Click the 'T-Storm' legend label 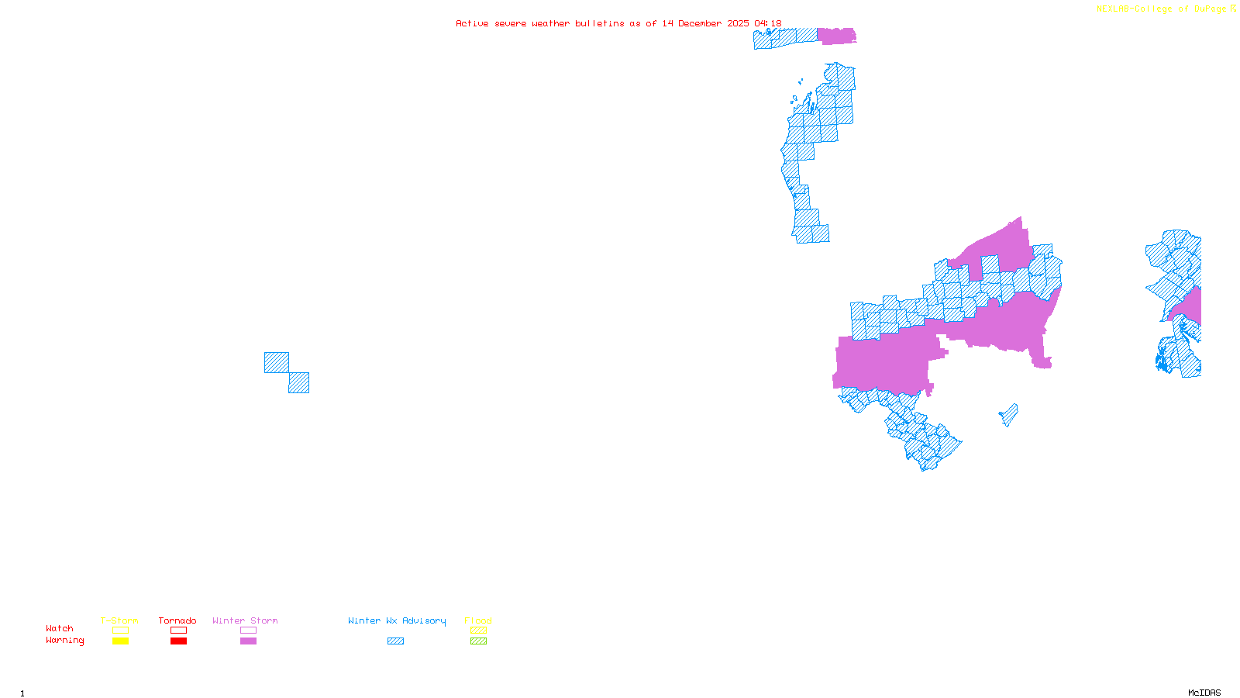119,620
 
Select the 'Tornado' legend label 177,620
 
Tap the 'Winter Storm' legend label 245,620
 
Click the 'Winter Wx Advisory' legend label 397,620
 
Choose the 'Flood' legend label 478,620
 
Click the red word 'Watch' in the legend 60,628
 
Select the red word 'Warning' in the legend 64,641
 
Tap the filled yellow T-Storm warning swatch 120,641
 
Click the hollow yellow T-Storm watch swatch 120,631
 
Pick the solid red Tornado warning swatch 178,641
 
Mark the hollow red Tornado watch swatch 178,631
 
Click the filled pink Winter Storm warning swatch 248,641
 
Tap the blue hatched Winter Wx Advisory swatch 395,641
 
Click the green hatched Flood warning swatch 478,641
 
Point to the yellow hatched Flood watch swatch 478,631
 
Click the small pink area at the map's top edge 836,36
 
